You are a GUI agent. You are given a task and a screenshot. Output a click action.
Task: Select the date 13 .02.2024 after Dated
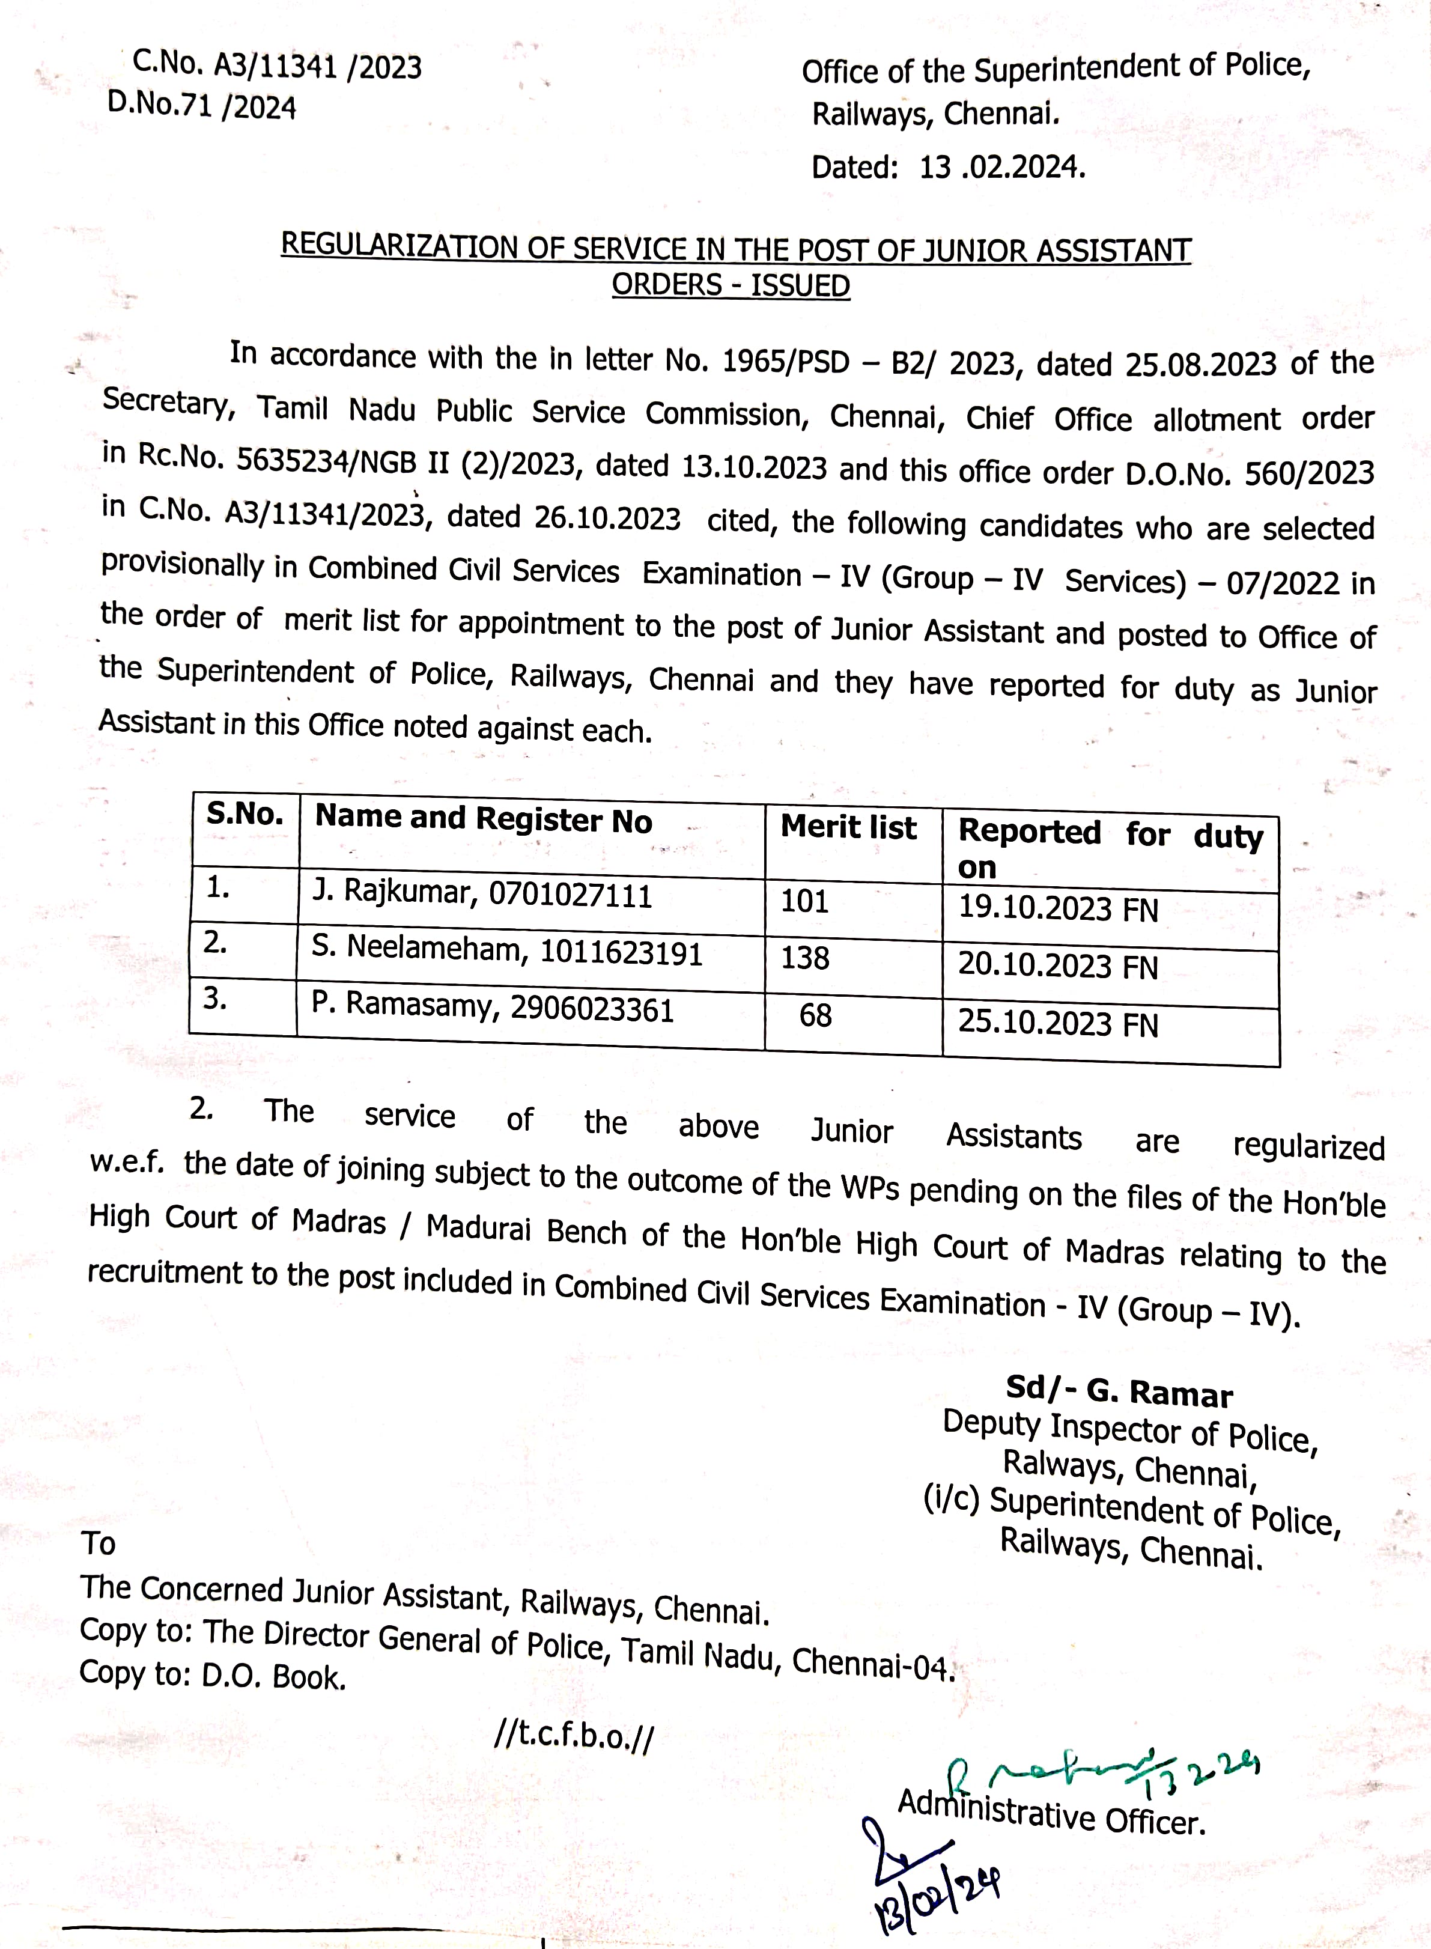click(1002, 167)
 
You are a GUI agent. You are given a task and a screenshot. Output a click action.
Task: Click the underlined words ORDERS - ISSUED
click(731, 285)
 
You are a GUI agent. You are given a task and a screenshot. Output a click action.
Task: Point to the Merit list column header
click(848, 827)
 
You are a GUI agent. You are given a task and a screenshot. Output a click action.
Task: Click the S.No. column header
click(245, 814)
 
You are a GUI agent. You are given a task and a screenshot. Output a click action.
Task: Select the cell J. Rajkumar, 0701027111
click(482, 893)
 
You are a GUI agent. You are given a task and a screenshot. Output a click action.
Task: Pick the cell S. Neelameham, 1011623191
click(507, 951)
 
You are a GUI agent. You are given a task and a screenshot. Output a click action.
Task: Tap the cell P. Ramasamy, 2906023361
click(493, 1008)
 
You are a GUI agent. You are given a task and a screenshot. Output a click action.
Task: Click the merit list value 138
click(805, 958)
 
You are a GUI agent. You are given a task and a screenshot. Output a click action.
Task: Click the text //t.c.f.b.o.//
click(574, 1736)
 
